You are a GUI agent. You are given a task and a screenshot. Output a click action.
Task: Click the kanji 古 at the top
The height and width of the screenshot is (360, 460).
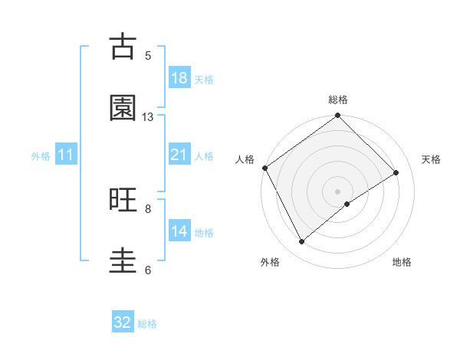tap(123, 47)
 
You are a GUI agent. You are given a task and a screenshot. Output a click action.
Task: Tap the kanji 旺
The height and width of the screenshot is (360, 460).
tap(123, 200)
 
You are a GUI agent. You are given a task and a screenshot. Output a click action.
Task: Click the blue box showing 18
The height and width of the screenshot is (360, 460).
tap(179, 78)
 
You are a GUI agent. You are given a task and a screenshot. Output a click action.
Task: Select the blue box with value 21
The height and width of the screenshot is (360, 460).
tap(179, 155)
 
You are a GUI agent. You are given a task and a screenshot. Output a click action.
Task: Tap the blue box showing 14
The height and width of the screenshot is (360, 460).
tap(179, 231)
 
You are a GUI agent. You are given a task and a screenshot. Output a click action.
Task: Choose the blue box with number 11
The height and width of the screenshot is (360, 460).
tap(66, 155)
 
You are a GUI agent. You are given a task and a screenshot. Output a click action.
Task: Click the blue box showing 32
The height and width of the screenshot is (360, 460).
tap(123, 322)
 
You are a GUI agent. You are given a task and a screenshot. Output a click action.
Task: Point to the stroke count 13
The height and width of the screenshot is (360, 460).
tap(148, 117)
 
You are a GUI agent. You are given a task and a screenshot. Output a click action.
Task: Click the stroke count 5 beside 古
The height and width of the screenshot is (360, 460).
tap(148, 56)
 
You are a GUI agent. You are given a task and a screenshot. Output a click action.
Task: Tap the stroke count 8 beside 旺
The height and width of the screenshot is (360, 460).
tap(148, 208)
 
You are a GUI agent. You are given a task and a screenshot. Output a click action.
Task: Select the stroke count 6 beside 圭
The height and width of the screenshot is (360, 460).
tap(148, 270)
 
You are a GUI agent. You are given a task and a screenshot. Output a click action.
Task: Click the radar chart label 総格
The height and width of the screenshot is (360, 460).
tap(338, 100)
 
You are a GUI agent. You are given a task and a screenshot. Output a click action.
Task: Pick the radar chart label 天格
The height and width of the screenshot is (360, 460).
tap(431, 159)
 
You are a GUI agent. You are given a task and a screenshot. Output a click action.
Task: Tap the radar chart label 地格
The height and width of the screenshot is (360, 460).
tap(402, 262)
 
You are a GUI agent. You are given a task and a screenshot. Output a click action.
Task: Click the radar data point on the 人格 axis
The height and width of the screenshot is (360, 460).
tap(264, 168)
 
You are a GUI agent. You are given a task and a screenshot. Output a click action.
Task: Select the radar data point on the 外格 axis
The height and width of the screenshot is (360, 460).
tap(301, 242)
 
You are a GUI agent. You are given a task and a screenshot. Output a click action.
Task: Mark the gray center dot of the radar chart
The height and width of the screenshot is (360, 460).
tap(338, 191)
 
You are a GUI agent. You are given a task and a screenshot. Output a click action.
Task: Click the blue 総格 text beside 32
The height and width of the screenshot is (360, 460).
tap(147, 324)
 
